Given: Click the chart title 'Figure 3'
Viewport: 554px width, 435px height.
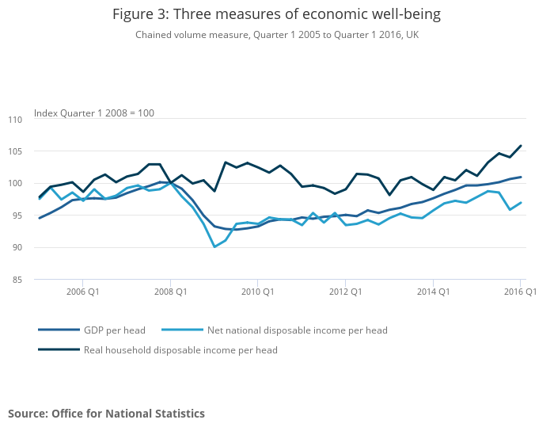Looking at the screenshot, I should tap(276, 14).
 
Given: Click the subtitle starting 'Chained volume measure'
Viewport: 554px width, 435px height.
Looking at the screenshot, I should tap(276, 35).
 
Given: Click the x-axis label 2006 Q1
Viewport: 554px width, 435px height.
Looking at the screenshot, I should tap(82, 292).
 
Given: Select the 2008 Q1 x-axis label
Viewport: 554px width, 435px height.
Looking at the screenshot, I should tap(170, 292).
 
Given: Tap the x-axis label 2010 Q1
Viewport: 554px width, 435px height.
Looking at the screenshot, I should tap(257, 292).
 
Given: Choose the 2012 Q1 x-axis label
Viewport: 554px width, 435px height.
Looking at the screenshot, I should tap(345, 292).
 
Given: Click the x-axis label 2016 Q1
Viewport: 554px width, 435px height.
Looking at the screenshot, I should tap(520, 292).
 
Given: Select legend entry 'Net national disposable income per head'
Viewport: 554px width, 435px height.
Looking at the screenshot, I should tap(297, 330).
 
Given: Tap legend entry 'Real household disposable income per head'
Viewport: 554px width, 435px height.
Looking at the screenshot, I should tap(180, 349).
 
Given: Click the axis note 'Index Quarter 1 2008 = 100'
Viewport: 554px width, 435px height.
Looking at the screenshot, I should tap(94, 113).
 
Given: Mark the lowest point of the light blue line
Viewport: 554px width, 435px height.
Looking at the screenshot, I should tap(214, 247).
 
